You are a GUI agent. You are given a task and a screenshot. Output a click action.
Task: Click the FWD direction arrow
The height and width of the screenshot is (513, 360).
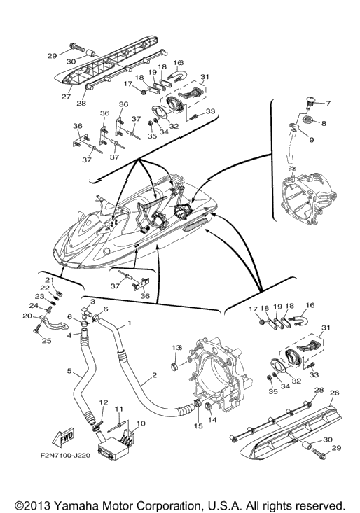[63, 437]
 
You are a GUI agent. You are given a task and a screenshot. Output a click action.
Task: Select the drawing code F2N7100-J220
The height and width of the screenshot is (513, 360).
[65, 455]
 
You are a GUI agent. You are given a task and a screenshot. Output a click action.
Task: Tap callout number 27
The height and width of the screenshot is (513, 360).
[66, 97]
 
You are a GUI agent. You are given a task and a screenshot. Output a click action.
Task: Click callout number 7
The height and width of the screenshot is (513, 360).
[328, 104]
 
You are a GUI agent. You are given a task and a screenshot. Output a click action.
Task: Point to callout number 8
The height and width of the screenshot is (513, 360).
[324, 123]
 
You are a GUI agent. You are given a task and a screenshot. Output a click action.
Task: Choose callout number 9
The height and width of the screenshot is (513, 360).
[311, 140]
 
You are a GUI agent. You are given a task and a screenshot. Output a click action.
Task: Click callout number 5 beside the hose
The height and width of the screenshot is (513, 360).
[69, 371]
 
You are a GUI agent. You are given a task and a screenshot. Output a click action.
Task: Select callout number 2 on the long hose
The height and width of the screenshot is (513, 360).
[155, 375]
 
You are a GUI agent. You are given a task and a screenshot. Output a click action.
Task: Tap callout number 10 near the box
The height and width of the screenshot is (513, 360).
[140, 423]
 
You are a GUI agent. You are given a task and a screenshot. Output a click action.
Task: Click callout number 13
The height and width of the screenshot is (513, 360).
[177, 347]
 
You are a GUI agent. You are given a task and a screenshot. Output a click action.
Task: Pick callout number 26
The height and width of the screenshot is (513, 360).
[335, 393]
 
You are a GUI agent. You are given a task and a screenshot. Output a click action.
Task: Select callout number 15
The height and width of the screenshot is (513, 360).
[198, 426]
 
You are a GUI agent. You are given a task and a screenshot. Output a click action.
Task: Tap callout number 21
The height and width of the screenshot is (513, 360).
[49, 280]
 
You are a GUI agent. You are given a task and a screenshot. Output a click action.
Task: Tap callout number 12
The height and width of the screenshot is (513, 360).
[104, 402]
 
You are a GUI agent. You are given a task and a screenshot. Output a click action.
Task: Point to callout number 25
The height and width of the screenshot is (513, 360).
[47, 341]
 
